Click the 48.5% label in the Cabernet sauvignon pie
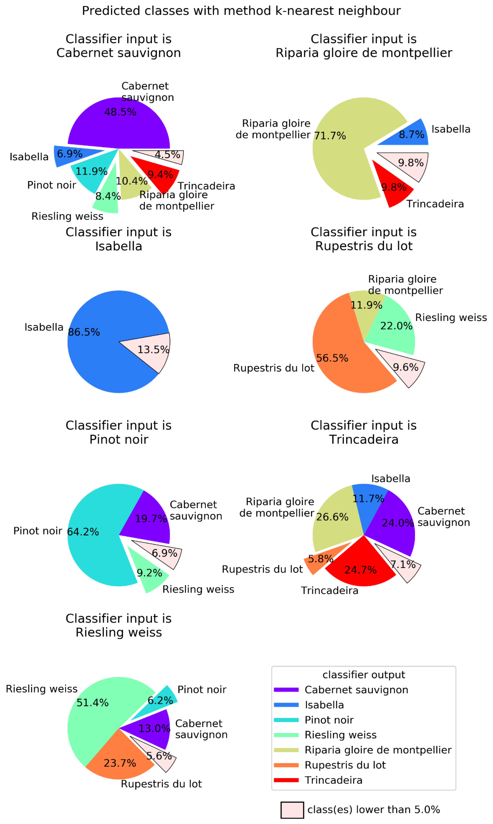tap(120, 112)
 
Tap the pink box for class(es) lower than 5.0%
tap(292, 810)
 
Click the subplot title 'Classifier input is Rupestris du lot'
tap(364, 239)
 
